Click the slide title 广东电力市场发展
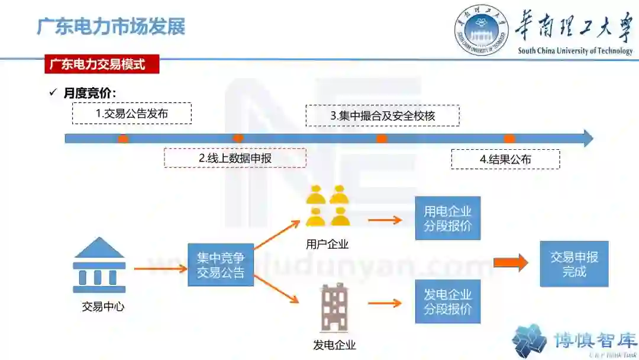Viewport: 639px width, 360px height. pos(111,27)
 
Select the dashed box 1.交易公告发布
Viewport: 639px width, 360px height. pos(132,113)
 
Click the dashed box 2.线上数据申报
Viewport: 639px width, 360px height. pos(235,158)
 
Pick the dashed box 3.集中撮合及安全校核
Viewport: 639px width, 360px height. pos(382,115)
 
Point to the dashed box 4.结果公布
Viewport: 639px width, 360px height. pos(505,159)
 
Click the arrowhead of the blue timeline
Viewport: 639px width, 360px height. pos(588,139)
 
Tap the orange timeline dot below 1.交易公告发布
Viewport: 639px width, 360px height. pos(123,139)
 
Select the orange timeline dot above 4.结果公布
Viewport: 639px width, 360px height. pos(509,139)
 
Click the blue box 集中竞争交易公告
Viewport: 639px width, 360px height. pos(221,265)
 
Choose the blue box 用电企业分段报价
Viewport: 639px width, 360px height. pos(447,218)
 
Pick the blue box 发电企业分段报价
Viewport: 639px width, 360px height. pos(447,301)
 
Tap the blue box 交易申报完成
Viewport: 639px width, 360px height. pos(574,264)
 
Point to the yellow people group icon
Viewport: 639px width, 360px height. pos(328,206)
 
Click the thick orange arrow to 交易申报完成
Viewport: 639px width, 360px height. pos(510,262)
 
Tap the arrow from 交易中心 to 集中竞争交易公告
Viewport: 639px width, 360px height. pos(160,269)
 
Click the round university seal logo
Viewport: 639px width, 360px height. pos(481,30)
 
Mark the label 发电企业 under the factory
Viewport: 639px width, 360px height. pos(334,345)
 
